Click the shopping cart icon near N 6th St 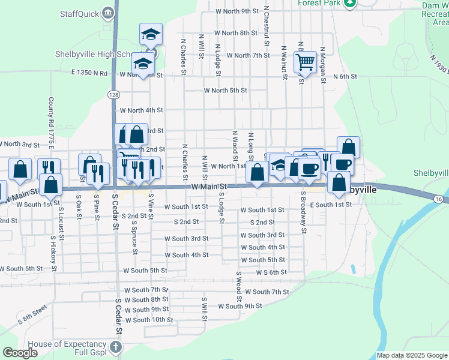point(305,61)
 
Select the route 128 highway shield point(113,94)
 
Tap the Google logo point(20,353)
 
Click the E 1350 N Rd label point(89,74)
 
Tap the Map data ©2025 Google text point(412,355)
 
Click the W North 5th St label point(226,91)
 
